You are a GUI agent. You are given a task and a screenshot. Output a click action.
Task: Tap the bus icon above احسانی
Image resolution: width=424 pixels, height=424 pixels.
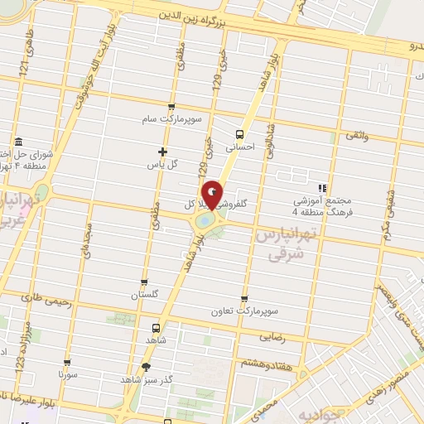pyautogui.click(x=239, y=133)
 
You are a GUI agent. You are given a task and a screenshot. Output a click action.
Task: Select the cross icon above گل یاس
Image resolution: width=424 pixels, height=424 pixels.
pyautogui.click(x=162, y=152)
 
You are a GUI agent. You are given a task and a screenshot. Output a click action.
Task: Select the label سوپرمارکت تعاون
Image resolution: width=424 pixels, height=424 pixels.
pyautogui.click(x=244, y=310)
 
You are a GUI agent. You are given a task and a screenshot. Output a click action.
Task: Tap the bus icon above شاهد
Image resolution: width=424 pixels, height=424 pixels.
pyautogui.click(x=157, y=327)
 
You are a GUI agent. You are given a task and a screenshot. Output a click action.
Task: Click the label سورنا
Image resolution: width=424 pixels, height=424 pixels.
pyautogui.click(x=67, y=374)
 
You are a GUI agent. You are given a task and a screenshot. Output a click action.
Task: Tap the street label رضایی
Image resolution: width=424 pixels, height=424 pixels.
pyautogui.click(x=274, y=337)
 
